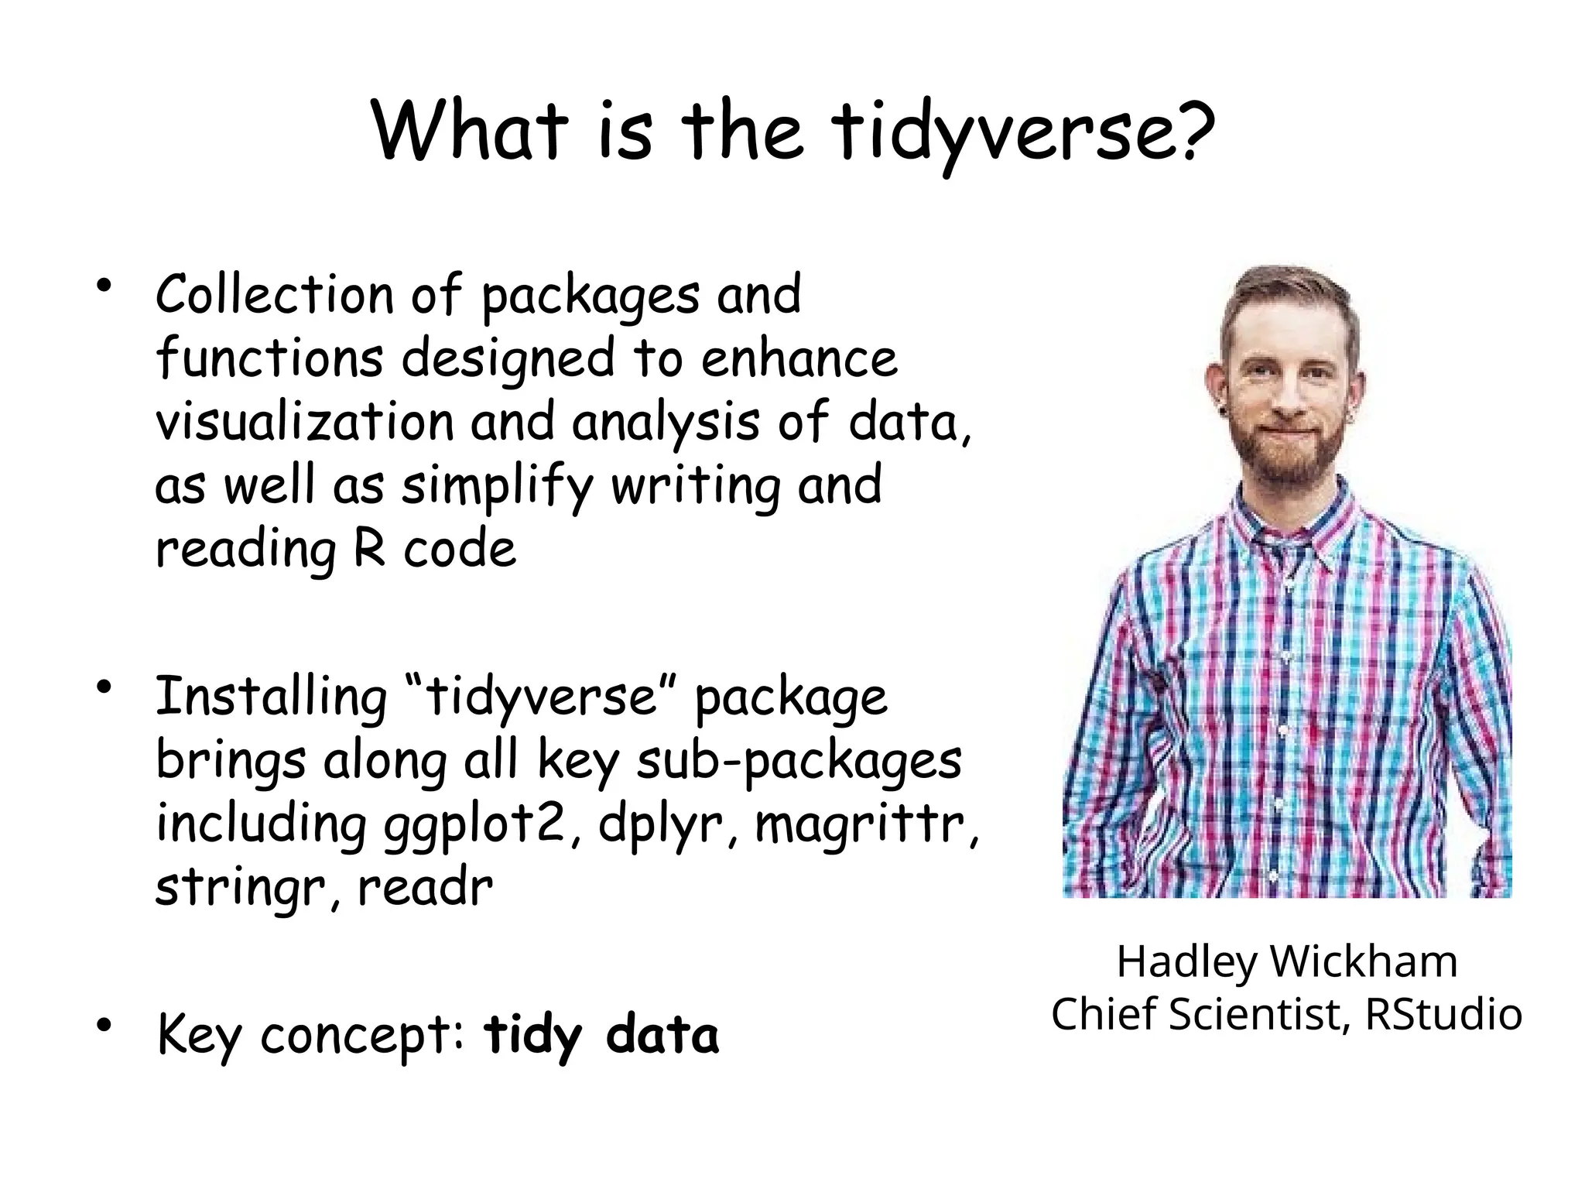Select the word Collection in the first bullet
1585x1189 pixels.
point(275,295)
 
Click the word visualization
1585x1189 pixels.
point(305,422)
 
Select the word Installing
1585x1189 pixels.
point(271,697)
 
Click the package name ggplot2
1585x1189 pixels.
point(478,826)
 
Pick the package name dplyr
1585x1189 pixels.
point(662,826)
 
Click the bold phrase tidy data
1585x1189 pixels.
point(601,1035)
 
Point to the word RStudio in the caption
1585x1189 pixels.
point(1443,1013)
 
